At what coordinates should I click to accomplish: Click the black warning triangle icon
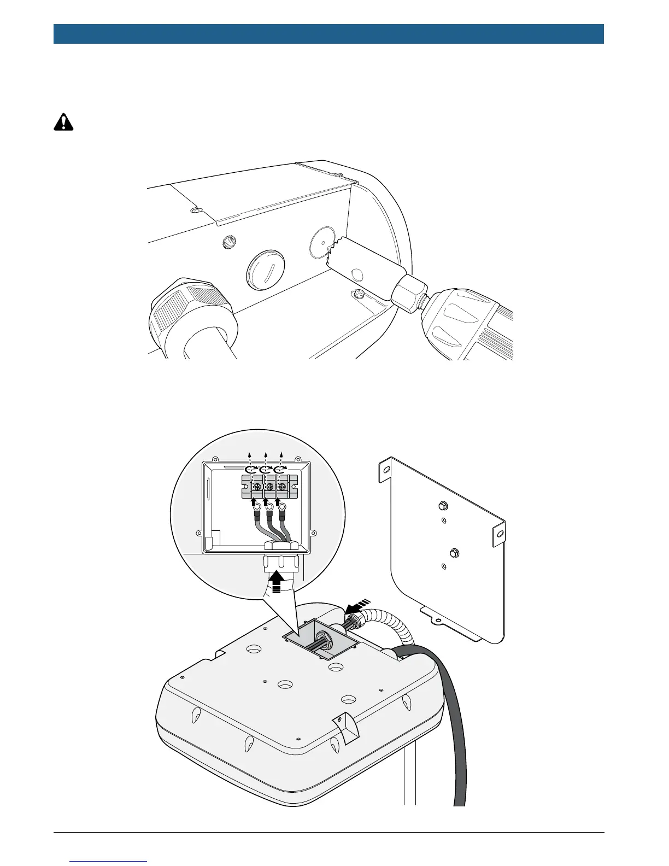[64, 122]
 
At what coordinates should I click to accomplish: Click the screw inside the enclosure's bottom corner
[359, 294]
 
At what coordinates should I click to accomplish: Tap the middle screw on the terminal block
[268, 487]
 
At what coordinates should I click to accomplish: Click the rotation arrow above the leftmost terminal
[251, 470]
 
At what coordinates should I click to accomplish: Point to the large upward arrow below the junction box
[277, 581]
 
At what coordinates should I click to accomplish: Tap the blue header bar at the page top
[328, 34]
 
